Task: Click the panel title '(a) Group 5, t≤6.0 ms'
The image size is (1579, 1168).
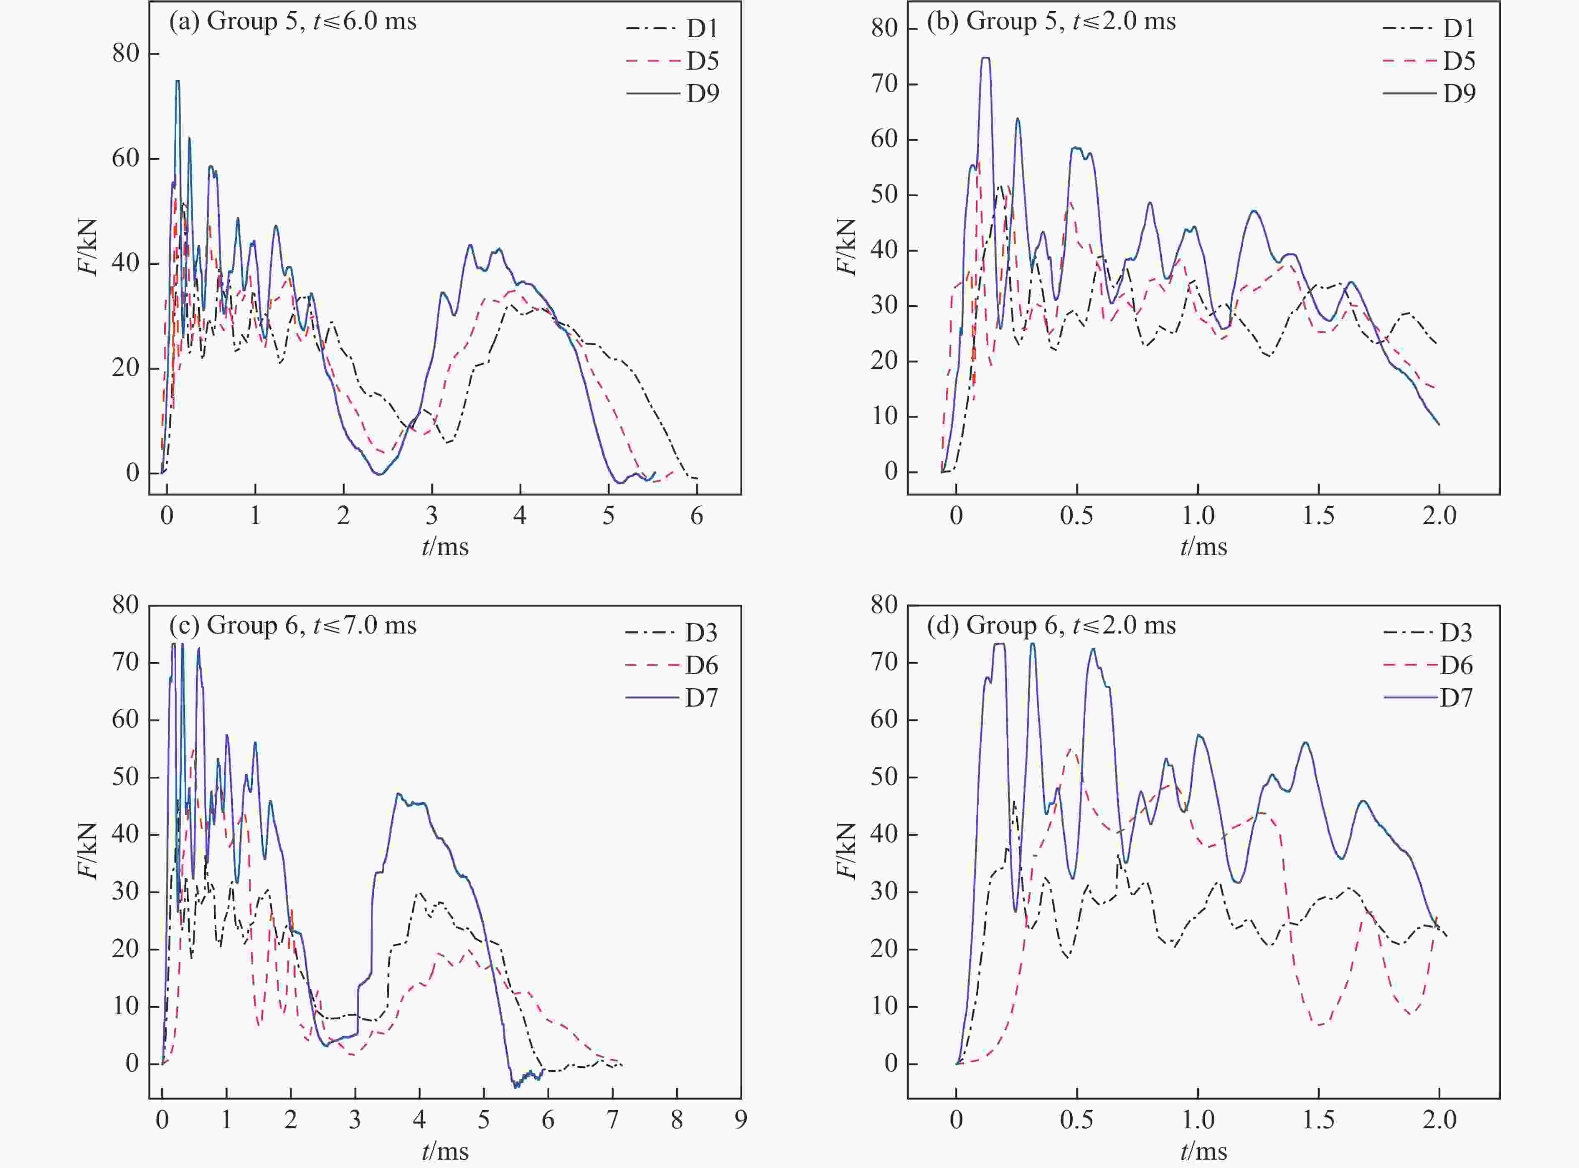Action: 293,21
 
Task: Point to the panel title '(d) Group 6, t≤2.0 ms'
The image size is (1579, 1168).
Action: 1051,625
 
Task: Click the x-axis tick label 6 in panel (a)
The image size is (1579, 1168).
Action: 696,515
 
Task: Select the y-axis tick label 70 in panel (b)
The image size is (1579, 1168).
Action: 884,84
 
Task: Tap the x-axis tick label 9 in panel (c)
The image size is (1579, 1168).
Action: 740,1119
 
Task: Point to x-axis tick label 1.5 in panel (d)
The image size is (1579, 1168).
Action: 1318,1119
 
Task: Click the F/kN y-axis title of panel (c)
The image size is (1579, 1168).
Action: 88,851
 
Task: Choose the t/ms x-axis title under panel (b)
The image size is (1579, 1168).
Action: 1203,547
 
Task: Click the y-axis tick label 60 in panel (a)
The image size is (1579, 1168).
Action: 125,158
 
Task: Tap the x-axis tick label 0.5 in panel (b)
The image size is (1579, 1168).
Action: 1076,515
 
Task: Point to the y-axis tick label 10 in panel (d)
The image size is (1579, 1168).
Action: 884,1006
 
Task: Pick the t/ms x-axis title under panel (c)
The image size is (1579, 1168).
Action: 445,1151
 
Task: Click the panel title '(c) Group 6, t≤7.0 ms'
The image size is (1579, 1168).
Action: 293,625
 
